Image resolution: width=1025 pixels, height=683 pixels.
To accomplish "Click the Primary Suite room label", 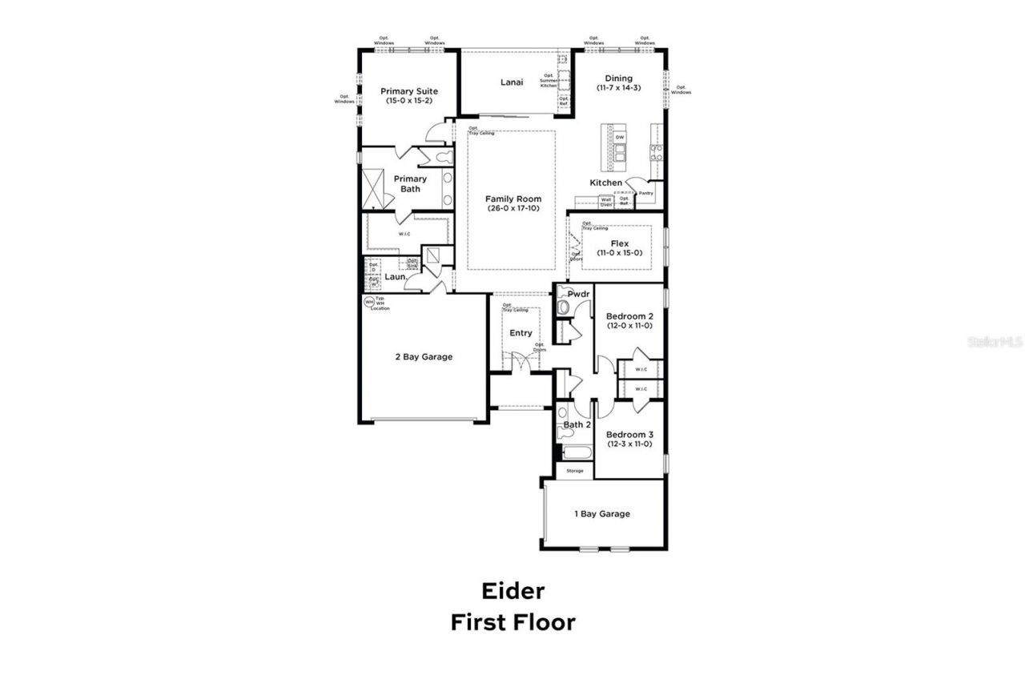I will (x=409, y=91).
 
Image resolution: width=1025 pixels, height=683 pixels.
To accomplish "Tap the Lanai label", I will (x=512, y=82).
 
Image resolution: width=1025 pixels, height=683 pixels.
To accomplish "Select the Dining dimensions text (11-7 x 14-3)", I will (x=618, y=88).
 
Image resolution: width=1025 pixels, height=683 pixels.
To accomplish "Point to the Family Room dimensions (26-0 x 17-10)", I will (x=512, y=209).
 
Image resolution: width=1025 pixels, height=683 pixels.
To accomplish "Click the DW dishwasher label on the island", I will (x=619, y=138).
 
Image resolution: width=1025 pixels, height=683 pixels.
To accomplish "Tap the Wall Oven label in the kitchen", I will (x=606, y=203).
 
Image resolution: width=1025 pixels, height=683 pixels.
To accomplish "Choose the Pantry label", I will (x=645, y=193).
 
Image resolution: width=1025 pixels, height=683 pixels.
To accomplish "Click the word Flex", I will (x=619, y=243).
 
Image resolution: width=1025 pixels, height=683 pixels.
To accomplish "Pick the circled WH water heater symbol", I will (x=369, y=302).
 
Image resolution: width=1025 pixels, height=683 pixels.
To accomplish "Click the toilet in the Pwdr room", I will (x=564, y=307).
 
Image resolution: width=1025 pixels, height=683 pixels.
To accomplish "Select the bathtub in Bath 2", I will (x=575, y=453).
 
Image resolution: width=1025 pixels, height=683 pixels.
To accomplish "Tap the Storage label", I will (x=575, y=471).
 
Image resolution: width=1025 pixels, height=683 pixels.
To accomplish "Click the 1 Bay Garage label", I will (x=601, y=514).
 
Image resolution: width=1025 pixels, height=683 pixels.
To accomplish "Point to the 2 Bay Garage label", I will (x=424, y=357).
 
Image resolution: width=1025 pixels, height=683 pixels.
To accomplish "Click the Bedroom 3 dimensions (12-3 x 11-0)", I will (x=629, y=444).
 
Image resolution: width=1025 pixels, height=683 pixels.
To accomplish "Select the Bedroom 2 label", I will (x=629, y=315).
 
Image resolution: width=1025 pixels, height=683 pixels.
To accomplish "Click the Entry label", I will (x=521, y=333).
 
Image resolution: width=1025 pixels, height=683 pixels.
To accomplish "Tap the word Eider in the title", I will (x=512, y=591).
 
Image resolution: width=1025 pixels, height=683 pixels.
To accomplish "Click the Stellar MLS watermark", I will (x=995, y=341).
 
